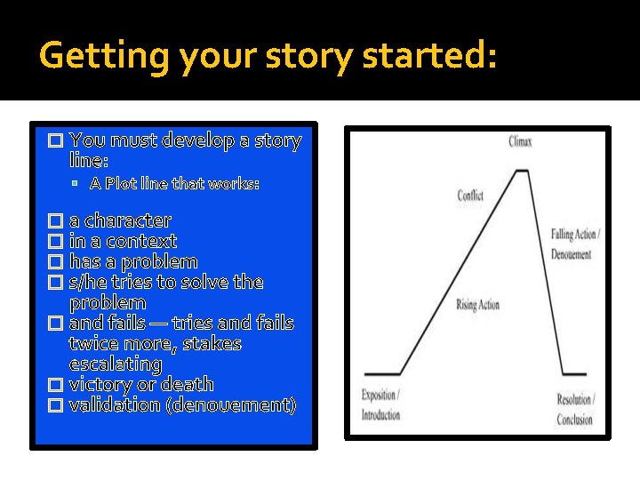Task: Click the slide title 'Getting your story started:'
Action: (x=268, y=57)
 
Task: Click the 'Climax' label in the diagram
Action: (x=522, y=141)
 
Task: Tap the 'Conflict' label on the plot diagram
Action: (x=470, y=196)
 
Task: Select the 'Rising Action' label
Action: (x=477, y=305)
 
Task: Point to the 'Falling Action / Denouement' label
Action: (x=574, y=243)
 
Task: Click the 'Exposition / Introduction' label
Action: (x=381, y=405)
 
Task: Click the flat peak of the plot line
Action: (x=523, y=171)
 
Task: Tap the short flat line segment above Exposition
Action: (x=382, y=374)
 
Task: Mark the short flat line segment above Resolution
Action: (x=574, y=374)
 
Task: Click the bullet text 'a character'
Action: (x=120, y=220)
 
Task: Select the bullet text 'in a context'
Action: (x=123, y=241)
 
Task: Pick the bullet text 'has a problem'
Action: (x=133, y=261)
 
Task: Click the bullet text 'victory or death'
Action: (x=141, y=384)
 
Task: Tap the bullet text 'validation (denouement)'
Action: (x=182, y=404)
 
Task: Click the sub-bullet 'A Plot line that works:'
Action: (x=174, y=183)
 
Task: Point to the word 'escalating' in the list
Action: (x=116, y=364)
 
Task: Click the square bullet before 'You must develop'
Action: (x=55, y=140)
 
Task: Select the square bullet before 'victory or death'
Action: (x=55, y=385)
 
